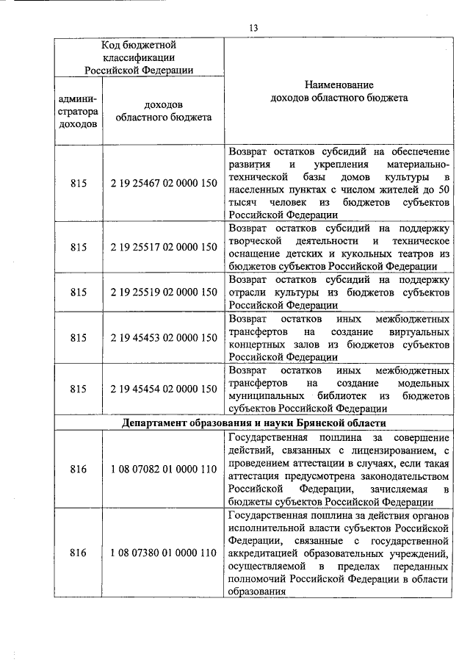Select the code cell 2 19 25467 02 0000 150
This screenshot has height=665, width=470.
[163, 183]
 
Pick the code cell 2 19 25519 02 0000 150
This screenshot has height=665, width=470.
[163, 292]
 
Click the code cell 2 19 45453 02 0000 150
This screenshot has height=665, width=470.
[163, 337]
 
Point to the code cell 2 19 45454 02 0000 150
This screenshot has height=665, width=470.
[163, 389]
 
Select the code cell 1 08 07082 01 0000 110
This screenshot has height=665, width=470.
[163, 468]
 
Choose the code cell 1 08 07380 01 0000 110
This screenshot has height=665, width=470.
[163, 552]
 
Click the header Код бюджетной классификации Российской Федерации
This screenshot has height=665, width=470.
[139, 57]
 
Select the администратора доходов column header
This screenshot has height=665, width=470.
[78, 111]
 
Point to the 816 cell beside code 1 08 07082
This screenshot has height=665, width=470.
[78, 468]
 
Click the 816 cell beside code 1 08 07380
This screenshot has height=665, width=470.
[78, 552]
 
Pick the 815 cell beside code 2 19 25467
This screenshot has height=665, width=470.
[78, 183]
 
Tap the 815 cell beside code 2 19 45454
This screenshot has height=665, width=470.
[78, 389]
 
